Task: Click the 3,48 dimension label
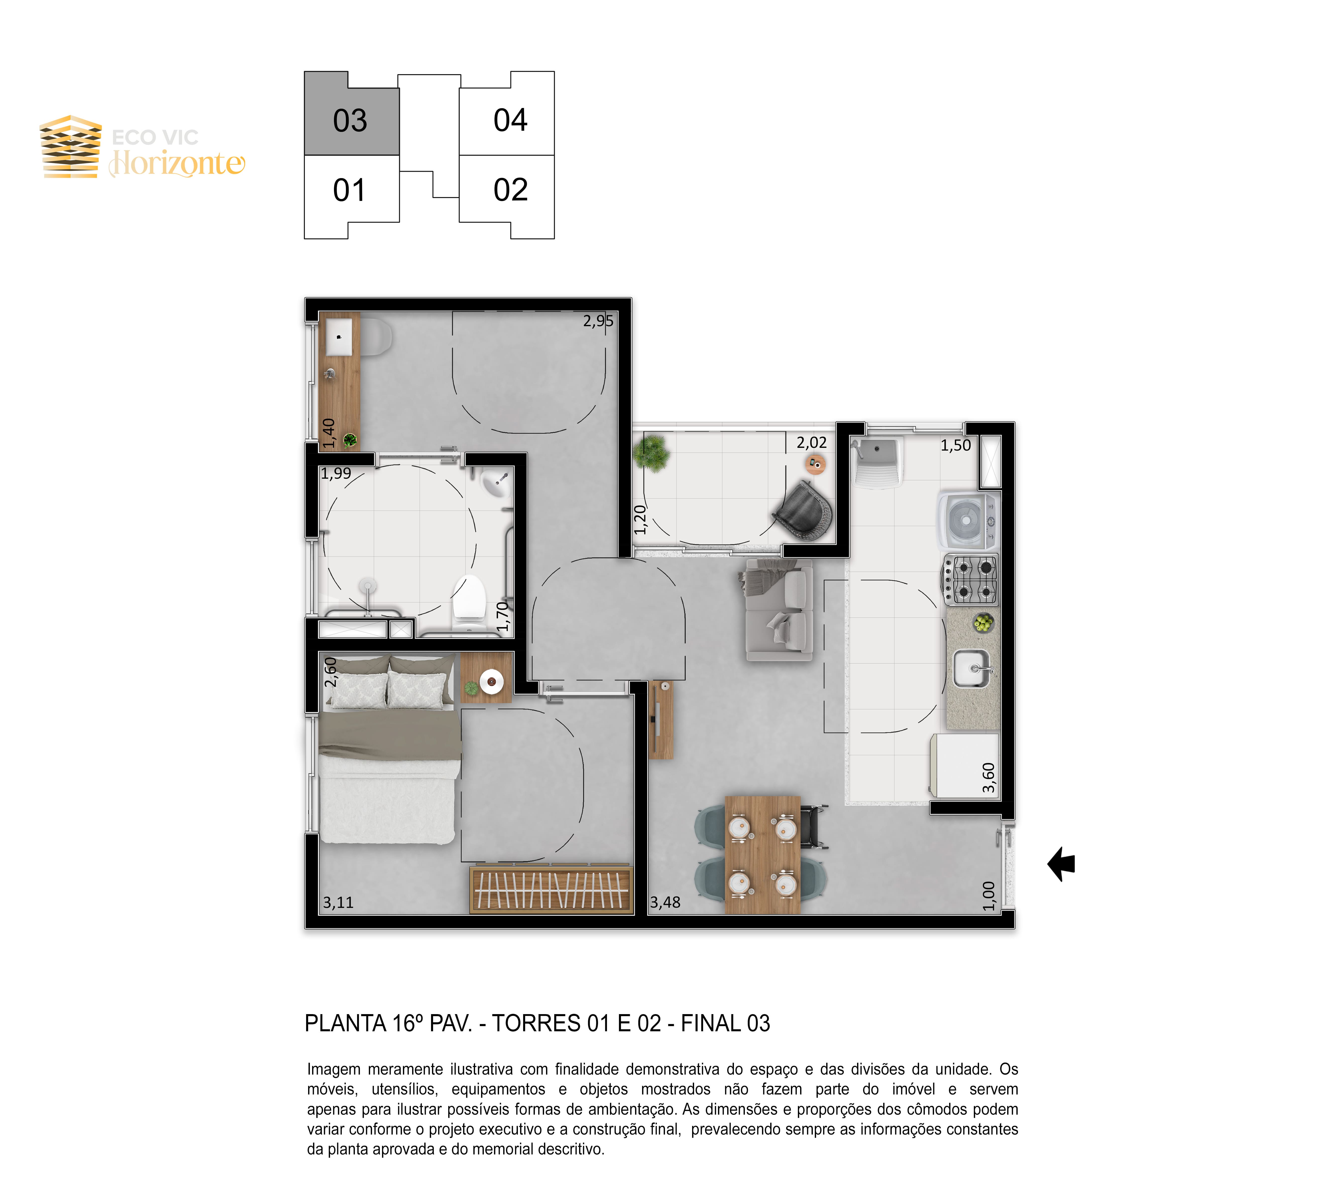665,902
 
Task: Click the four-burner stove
970,579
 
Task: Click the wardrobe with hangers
551,890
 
